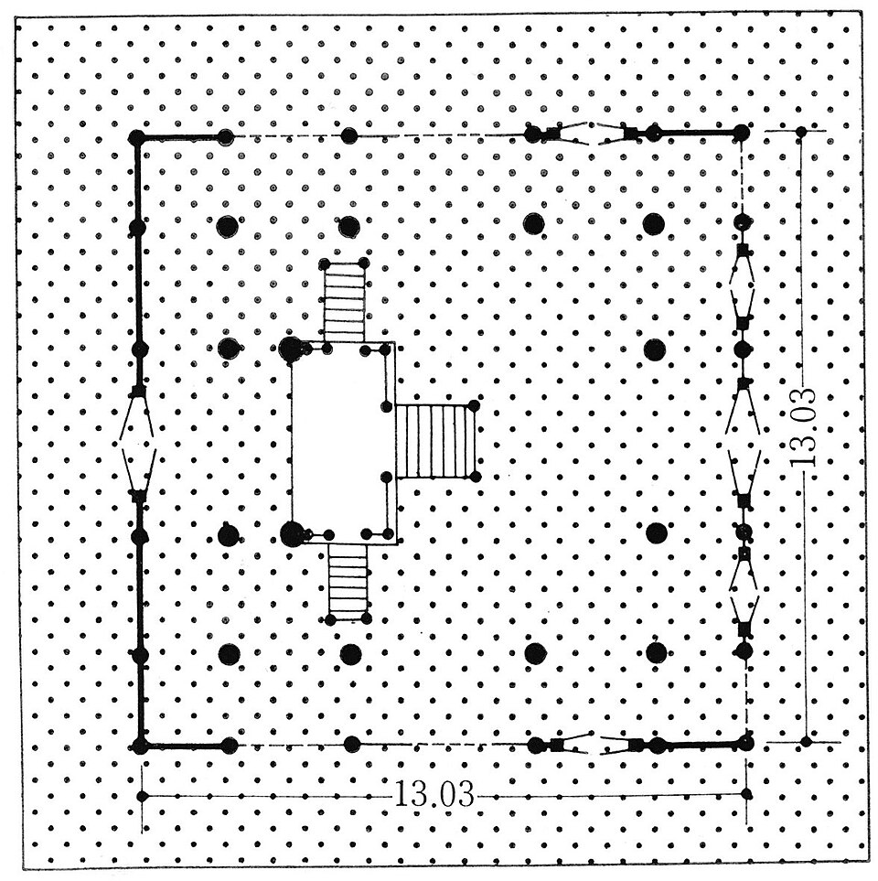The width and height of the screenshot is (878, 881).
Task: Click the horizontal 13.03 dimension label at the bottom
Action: [434, 795]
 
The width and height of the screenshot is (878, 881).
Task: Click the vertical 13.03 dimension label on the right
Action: [802, 426]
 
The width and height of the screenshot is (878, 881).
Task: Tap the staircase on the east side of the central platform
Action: [436, 441]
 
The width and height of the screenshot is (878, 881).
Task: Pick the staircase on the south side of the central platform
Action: [348, 583]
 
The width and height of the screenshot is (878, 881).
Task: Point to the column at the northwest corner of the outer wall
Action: [137, 137]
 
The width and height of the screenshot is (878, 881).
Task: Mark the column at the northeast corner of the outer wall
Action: [741, 134]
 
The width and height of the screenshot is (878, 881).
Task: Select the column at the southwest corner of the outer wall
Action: [140, 747]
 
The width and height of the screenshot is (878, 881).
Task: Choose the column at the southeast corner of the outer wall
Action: [745, 743]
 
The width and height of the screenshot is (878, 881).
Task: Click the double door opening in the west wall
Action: [137, 444]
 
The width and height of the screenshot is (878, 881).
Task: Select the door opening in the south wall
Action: [596, 745]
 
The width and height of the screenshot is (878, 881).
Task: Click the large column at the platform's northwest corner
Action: [291, 349]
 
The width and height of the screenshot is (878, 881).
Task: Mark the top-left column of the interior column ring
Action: [227, 226]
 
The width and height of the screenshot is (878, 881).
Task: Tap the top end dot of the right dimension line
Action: [801, 132]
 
